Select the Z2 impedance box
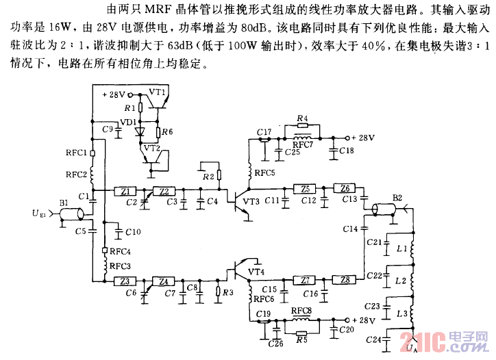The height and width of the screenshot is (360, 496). point(162,190)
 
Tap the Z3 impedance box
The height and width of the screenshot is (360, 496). point(123,281)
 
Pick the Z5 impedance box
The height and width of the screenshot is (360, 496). point(305,189)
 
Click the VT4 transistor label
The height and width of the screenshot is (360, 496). point(255,272)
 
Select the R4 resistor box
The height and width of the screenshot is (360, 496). point(301,127)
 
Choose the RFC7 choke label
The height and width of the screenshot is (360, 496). point(303,145)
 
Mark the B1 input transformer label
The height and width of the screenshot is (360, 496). point(64,203)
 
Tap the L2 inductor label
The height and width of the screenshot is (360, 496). point(400,281)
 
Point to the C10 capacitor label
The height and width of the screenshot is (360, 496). point(133,232)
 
